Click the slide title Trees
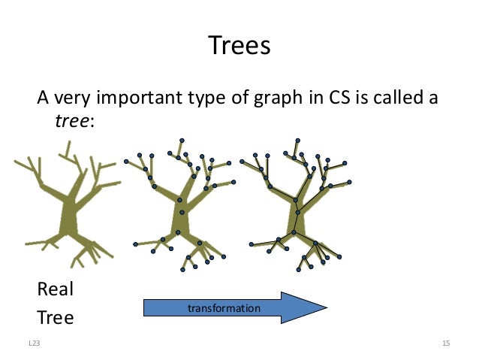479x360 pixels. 239,47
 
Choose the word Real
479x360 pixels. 56,289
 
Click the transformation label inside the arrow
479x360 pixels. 224,308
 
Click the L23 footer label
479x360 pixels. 34,343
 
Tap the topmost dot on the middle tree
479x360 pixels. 182,140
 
